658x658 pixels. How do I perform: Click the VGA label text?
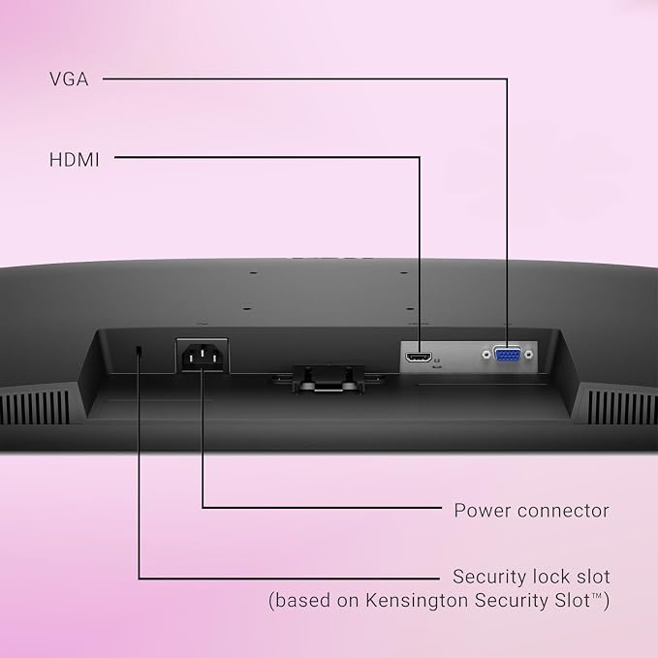point(69,79)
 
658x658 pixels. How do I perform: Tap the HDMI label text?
point(75,160)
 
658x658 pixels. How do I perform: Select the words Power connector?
point(532,511)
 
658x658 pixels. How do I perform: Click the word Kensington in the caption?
point(417,600)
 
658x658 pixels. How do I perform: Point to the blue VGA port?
point(508,355)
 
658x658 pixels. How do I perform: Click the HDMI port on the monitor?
point(419,358)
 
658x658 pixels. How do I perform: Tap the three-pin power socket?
point(203,356)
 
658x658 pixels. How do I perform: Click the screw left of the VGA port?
point(486,355)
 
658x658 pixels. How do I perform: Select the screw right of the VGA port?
point(529,355)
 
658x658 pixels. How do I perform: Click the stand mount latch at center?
point(329,379)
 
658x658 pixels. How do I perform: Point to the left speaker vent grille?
point(35,407)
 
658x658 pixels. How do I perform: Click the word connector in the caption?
point(564,511)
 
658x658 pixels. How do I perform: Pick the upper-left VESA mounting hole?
point(253,272)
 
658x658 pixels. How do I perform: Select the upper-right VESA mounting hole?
point(404,272)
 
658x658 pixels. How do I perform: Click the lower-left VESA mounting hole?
point(247,308)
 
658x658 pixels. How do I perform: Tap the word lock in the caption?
point(548,577)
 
